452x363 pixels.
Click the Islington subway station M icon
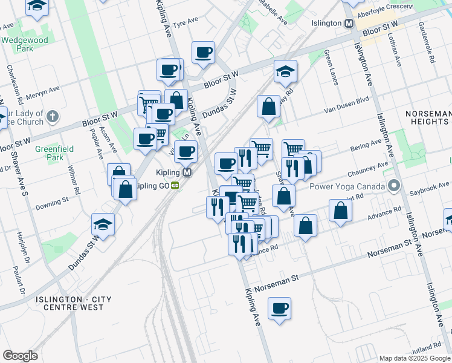click(x=349, y=23)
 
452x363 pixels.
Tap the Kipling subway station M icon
click(x=187, y=172)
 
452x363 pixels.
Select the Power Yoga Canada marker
click(x=395, y=186)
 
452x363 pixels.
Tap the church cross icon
click(x=53, y=116)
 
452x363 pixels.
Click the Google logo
click(x=20, y=355)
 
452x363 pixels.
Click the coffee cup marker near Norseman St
click(x=279, y=309)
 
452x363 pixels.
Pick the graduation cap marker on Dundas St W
click(x=103, y=225)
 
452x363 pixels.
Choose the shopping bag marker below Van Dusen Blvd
click(x=268, y=107)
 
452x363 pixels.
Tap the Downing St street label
click(x=51, y=200)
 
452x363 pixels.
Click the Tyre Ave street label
click(x=186, y=24)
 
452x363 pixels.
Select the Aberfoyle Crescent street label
click(x=385, y=12)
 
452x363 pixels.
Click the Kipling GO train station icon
click(x=175, y=185)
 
